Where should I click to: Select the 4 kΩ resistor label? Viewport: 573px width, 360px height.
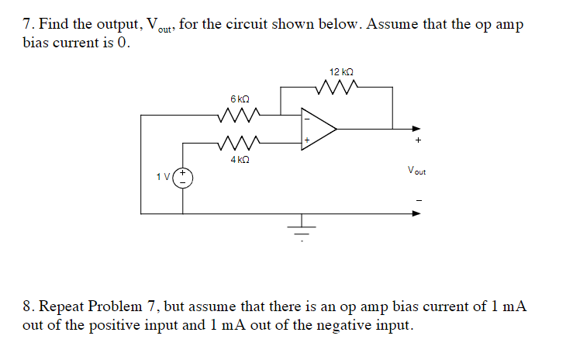(x=240, y=159)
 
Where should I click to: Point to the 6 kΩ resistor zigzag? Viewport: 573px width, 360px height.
(x=239, y=116)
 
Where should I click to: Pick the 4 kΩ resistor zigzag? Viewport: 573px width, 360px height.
(x=239, y=143)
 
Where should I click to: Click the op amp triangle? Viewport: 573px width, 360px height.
(x=319, y=130)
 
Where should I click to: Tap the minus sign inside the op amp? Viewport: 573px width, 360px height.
(x=307, y=119)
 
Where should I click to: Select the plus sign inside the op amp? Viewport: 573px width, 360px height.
(x=307, y=140)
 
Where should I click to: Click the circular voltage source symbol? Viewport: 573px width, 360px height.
(x=184, y=177)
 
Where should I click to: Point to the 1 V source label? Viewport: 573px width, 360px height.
(x=164, y=177)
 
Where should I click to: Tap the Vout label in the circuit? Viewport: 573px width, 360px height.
(x=416, y=170)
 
